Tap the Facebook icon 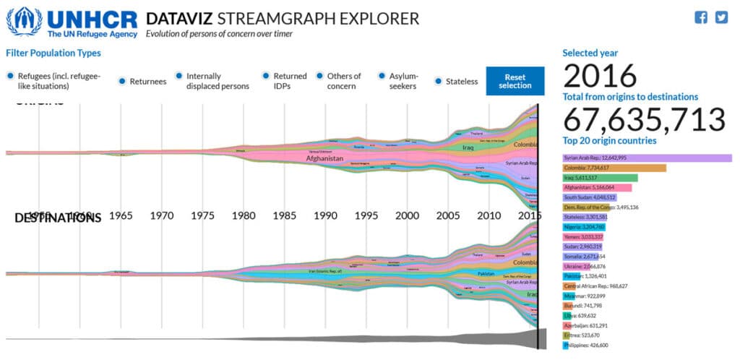pos(700,18)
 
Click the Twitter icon pos(720,18)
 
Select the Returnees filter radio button pos(122,81)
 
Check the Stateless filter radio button pos(438,81)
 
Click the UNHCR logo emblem pos(24,22)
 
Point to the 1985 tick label pos(285,215)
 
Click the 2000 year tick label pos(408,215)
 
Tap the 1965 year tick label pos(121,215)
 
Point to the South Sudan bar pos(590,197)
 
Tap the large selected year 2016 pos(600,76)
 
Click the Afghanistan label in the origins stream pos(323,157)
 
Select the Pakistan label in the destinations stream pos(486,274)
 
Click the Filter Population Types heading pos(53,53)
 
